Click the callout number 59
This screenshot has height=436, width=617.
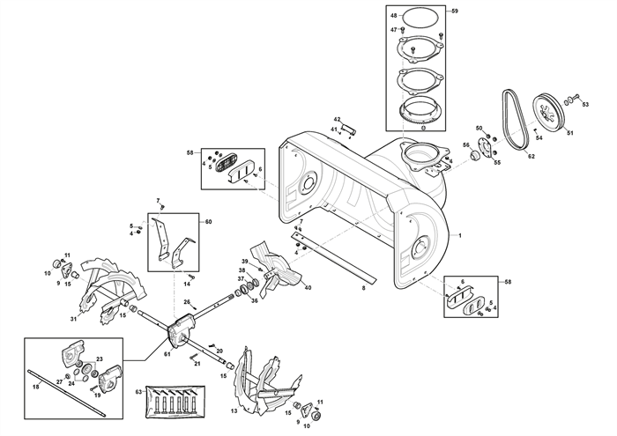pos(455,11)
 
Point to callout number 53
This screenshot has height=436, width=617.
pos(585,104)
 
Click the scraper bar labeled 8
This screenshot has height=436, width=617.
pos(334,258)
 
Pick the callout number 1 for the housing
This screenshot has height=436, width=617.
pos(460,236)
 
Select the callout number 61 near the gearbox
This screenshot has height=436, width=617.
pos(167,354)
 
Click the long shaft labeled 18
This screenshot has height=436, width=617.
pos(67,392)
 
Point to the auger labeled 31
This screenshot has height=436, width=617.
pos(111,290)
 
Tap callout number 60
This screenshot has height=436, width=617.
pos(208,222)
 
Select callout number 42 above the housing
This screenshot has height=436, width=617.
pos(337,119)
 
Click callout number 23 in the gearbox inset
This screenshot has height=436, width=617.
pos(100,359)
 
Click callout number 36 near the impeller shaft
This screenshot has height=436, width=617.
pos(254,300)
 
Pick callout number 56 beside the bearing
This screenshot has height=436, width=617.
pos(466,145)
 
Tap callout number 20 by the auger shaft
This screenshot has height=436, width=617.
pos(219,351)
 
